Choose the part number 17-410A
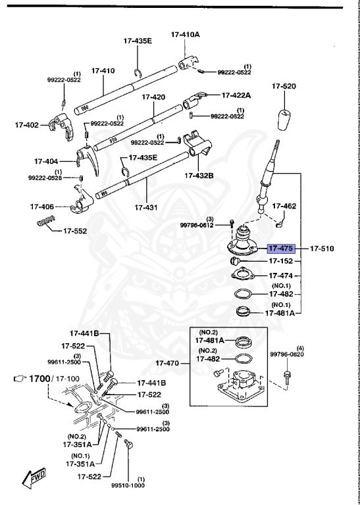[186, 34]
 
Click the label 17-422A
[236, 95]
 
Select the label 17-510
[323, 249]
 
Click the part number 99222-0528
[45, 178]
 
